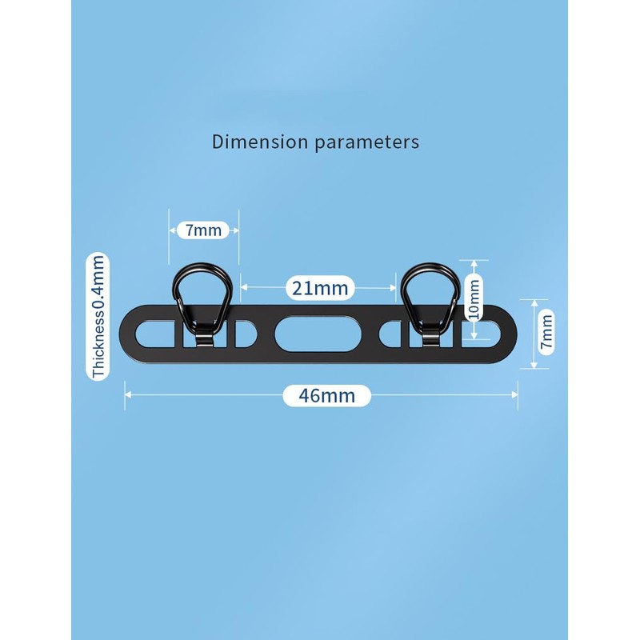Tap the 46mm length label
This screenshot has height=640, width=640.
pos(326,395)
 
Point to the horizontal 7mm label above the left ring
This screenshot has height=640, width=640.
pos(203,230)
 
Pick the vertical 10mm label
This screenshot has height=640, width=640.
pos(474,298)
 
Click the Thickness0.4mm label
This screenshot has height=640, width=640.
pos(99,317)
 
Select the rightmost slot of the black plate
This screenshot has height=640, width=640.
pos(485,333)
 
